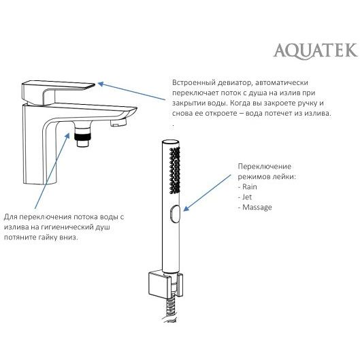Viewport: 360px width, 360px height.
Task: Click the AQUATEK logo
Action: pos(316,50)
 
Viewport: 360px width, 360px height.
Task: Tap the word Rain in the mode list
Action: pos(250,187)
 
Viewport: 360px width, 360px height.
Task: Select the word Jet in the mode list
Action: pos(247,197)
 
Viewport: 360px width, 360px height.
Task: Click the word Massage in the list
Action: pos(257,208)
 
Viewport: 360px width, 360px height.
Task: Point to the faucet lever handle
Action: pos(57,92)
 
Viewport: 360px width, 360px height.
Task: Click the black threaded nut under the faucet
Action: pos(83,136)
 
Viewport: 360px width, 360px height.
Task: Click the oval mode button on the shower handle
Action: pos(175,214)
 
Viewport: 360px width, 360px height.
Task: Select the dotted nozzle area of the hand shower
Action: pos(174,170)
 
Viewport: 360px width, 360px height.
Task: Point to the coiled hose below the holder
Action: pos(170,310)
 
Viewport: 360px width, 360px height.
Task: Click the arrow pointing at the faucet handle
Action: pos(131,91)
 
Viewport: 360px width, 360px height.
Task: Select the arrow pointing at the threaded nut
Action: pos(52,171)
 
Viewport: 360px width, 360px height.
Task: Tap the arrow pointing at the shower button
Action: pos(207,193)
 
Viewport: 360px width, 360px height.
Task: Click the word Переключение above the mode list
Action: pos(265,167)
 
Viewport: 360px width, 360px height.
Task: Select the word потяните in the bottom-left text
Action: pos(19,238)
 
